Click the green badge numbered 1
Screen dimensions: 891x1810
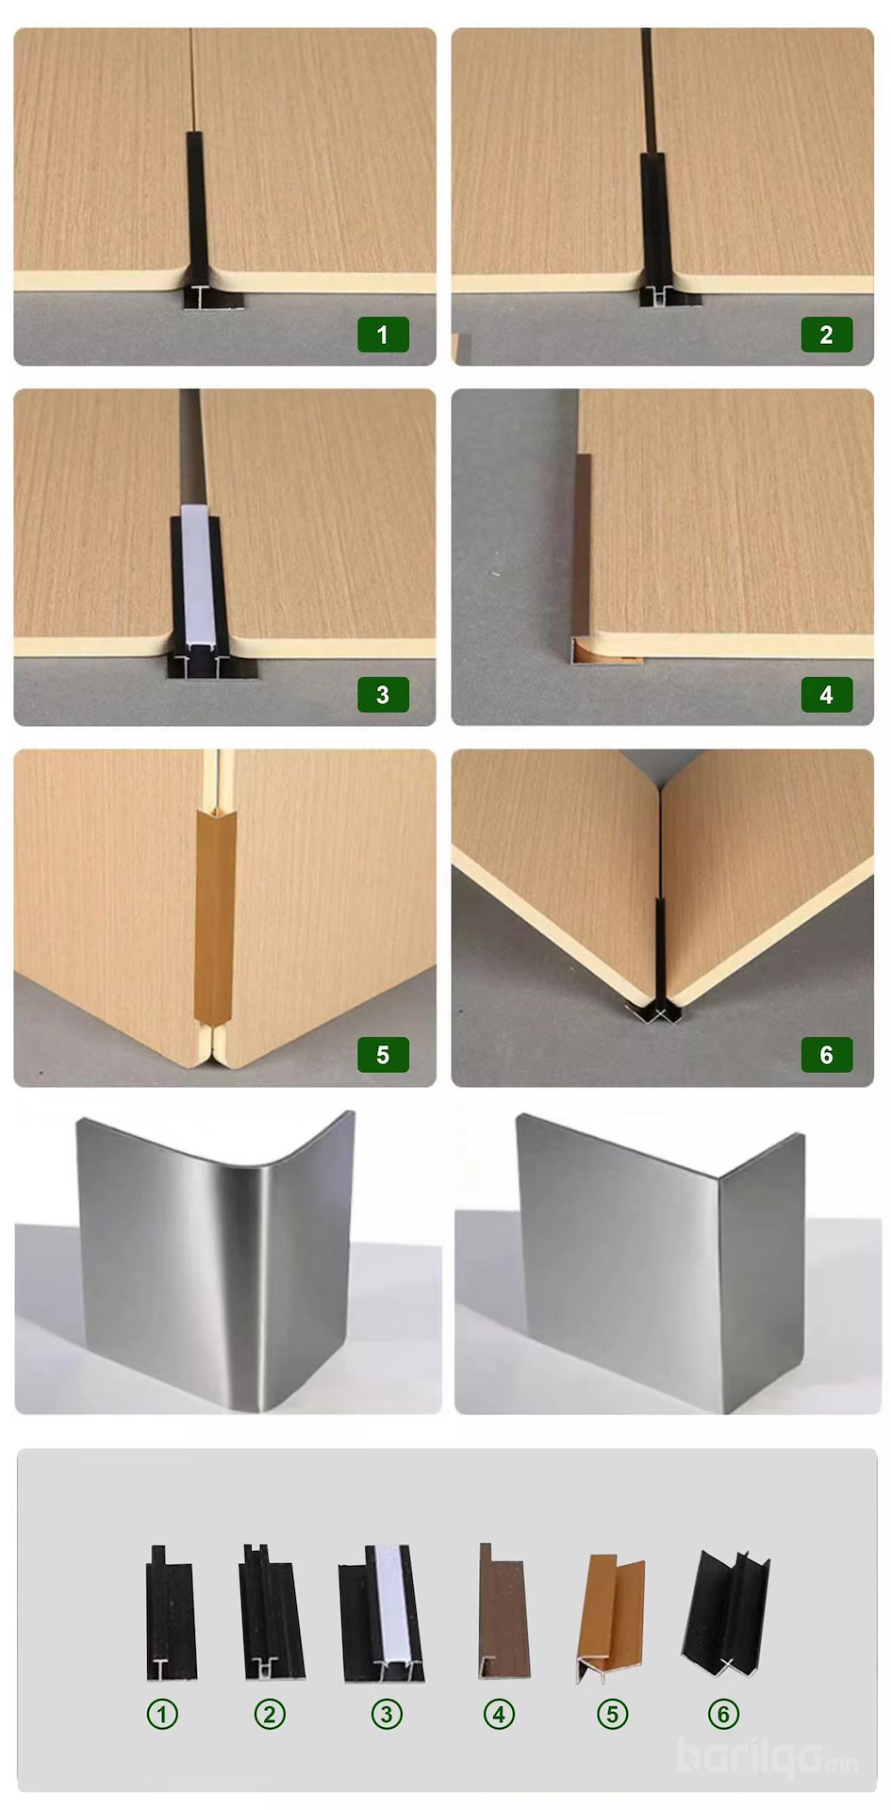pyautogui.click(x=383, y=335)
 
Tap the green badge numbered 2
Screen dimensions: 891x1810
pyautogui.click(x=827, y=335)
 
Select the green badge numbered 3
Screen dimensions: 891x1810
pyautogui.click(x=383, y=695)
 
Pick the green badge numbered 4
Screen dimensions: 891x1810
pyautogui.click(x=827, y=695)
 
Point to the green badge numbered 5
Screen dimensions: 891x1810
pyautogui.click(x=383, y=1055)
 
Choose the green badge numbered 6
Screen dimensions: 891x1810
pyautogui.click(x=827, y=1055)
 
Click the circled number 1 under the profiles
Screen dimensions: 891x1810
pyautogui.click(x=162, y=1713)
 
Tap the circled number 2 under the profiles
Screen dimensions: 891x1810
pyautogui.click(x=270, y=1713)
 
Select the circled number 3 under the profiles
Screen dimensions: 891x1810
pyautogui.click(x=387, y=1713)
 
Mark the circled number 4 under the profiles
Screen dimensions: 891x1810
pyautogui.click(x=499, y=1713)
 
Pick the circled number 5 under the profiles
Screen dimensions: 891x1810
pyautogui.click(x=612, y=1713)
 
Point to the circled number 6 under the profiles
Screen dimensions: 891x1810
pyautogui.click(x=724, y=1713)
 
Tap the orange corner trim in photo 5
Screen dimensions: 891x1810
pyautogui.click(x=215, y=914)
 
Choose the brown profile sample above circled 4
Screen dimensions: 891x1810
pyautogui.click(x=503, y=1610)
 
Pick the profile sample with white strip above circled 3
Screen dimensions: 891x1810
pyautogui.click(x=382, y=1612)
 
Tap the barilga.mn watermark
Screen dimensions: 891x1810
pyautogui.click(x=767, y=1755)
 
